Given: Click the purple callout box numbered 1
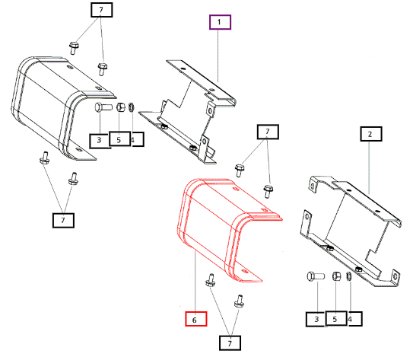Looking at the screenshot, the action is (220, 22).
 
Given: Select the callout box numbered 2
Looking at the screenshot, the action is (371, 134).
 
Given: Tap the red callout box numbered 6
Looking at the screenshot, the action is (196, 319).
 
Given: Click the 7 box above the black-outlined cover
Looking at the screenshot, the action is (102, 10).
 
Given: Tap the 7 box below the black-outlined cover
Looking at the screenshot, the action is (63, 220).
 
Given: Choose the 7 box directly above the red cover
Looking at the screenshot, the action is (268, 132).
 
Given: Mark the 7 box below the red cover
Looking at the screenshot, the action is (230, 342).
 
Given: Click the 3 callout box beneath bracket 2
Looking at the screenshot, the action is (316, 319).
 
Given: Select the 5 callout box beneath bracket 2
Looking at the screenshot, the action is (336, 318).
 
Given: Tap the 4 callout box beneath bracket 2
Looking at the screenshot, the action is (354, 319).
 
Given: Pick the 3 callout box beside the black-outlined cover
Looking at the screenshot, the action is (100, 141).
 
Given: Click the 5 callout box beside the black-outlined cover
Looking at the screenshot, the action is (120, 139).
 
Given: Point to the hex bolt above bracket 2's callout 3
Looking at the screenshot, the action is (316, 276).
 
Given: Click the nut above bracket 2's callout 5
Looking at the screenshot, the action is (336, 276).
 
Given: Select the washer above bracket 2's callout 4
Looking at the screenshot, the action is (349, 276).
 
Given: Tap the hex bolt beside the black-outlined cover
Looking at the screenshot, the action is (103, 107).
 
